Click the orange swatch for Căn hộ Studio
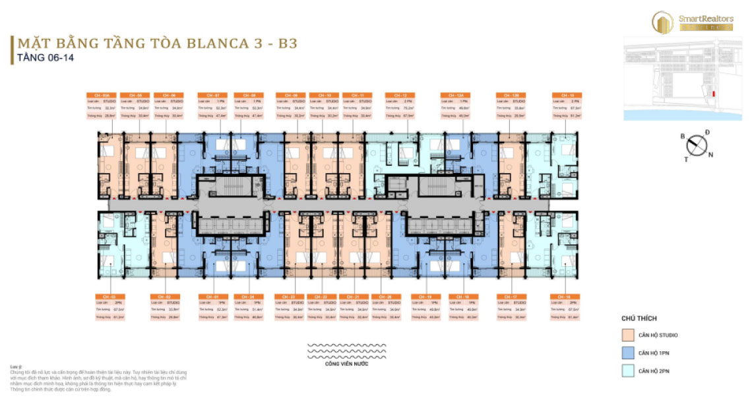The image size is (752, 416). (626, 335)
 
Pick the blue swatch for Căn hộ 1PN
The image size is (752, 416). (626, 353)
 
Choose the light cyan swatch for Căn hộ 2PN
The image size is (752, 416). (626, 372)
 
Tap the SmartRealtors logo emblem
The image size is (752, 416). (662, 22)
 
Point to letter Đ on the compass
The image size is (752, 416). (707, 133)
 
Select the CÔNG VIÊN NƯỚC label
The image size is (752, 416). (337, 364)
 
